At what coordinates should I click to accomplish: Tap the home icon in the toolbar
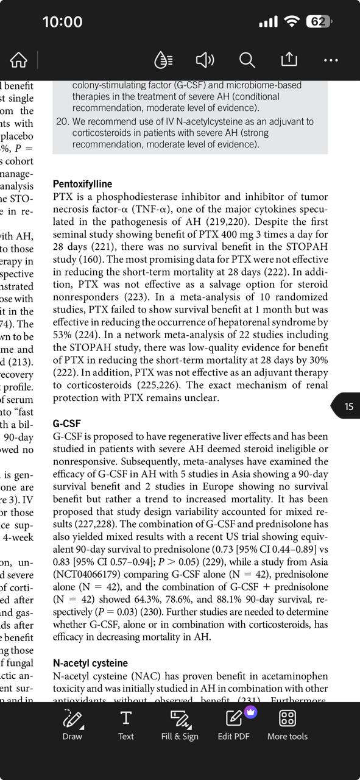point(19,60)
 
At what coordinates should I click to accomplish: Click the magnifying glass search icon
point(247,60)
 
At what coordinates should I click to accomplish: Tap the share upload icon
point(289,59)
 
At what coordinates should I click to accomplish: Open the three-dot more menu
point(331,60)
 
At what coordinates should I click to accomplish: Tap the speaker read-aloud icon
point(205,60)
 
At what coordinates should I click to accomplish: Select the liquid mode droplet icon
point(163,60)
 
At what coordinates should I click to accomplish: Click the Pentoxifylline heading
point(82,183)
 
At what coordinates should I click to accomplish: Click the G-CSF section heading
point(66,424)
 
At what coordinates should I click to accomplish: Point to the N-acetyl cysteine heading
point(90,663)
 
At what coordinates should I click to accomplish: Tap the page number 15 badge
point(348,406)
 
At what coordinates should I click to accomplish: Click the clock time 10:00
point(62,22)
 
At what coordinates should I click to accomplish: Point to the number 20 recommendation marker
point(62,121)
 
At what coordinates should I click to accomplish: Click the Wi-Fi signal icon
point(292,22)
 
